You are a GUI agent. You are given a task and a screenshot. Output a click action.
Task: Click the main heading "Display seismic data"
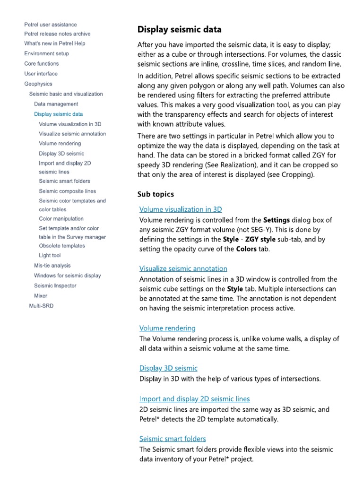pyautogui.click(x=179, y=30)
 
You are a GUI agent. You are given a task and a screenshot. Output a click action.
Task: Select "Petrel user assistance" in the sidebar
pyautogui.click(x=51, y=25)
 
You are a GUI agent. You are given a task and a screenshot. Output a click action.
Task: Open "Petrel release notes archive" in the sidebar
pyautogui.click(x=57, y=34)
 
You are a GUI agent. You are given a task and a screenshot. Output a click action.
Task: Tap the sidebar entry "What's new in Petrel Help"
pyautogui.click(x=55, y=43)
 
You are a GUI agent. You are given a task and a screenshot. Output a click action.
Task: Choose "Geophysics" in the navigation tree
pyautogui.click(x=38, y=84)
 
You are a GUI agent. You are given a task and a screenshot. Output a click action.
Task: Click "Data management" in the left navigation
pyautogui.click(x=56, y=104)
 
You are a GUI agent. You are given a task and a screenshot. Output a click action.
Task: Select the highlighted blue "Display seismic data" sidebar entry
pyautogui.click(x=58, y=114)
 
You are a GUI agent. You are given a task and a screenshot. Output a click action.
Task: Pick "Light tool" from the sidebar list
pyautogui.click(x=50, y=256)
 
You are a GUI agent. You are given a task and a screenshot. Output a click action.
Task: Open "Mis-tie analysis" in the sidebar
pyautogui.click(x=52, y=266)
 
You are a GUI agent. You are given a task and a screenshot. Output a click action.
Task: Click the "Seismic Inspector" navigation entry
pyautogui.click(x=55, y=285)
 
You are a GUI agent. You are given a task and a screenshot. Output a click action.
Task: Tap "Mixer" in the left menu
pyautogui.click(x=41, y=296)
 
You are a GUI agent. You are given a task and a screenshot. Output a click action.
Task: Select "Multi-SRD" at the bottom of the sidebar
pyautogui.click(x=41, y=306)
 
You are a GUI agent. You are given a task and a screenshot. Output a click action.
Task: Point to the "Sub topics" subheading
pyautogui.click(x=156, y=194)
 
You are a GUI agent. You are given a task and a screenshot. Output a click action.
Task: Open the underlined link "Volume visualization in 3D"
pyautogui.click(x=181, y=209)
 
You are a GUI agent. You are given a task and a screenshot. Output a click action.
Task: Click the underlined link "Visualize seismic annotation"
pyautogui.click(x=183, y=268)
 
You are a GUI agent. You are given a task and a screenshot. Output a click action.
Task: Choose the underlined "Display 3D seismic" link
pyautogui.click(x=168, y=368)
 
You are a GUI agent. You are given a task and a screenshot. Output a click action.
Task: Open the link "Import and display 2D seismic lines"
pyautogui.click(x=194, y=399)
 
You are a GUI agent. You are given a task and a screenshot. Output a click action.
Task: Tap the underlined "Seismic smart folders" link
pyautogui.click(x=173, y=439)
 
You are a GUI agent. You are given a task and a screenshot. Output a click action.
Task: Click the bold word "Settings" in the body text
pyautogui.click(x=277, y=220)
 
